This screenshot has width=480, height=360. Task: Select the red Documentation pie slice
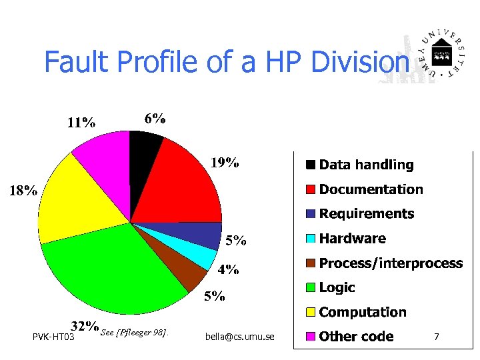(x=187, y=180)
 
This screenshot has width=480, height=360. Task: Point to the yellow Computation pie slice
(x=77, y=200)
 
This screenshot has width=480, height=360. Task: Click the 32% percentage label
(x=85, y=326)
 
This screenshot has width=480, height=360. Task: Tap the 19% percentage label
(x=225, y=163)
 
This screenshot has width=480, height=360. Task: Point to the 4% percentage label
(x=229, y=269)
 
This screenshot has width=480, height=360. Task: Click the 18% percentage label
(x=22, y=191)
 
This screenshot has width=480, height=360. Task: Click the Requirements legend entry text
(x=366, y=214)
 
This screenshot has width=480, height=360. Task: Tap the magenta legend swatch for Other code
(x=311, y=337)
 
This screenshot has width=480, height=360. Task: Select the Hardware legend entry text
(x=352, y=239)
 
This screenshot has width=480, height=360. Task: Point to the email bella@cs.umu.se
(x=241, y=337)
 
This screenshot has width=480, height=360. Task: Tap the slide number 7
(x=436, y=337)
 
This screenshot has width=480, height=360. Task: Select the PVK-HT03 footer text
(x=53, y=337)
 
